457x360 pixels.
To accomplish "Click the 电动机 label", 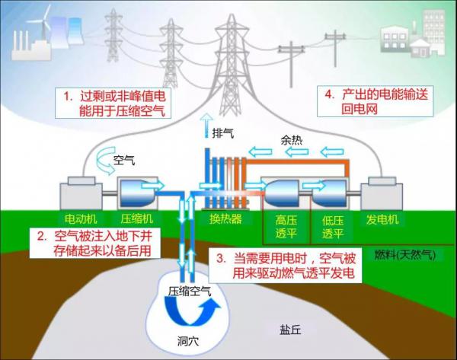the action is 81,219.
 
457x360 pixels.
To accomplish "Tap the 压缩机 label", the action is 137,219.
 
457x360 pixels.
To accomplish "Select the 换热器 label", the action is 226,219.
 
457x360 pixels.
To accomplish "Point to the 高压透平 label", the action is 286,227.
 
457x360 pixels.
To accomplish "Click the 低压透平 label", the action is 333,227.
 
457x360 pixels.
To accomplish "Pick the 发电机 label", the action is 382,219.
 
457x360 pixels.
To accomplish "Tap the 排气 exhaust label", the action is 223,133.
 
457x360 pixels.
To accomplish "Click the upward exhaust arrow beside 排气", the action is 206,126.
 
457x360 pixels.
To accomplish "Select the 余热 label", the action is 292,141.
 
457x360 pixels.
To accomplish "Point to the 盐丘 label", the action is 290,330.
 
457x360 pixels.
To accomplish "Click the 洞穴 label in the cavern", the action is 188,341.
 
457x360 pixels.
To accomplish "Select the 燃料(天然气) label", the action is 404,255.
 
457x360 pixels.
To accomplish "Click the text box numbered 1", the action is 113,103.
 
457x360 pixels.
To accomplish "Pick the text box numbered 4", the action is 376,101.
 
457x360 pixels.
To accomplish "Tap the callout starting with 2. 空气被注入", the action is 95,244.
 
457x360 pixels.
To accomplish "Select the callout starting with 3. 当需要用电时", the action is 286,266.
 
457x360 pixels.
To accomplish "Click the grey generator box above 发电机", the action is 382,193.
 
